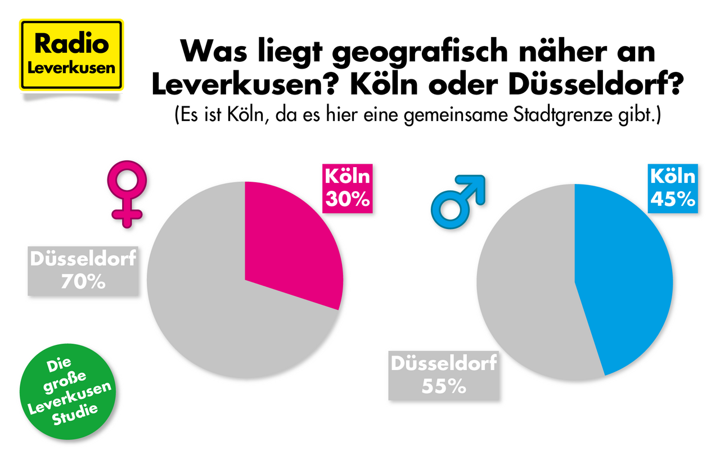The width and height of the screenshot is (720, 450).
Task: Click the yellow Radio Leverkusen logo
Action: tap(71, 55)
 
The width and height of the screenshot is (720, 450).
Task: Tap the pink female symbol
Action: tap(127, 191)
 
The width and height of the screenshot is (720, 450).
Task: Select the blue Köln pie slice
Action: tap(624, 281)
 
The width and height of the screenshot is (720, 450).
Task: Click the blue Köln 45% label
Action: tap(673, 188)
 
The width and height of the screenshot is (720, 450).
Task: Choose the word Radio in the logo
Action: tap(71, 44)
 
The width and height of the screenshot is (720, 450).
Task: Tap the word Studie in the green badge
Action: tap(75, 417)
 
